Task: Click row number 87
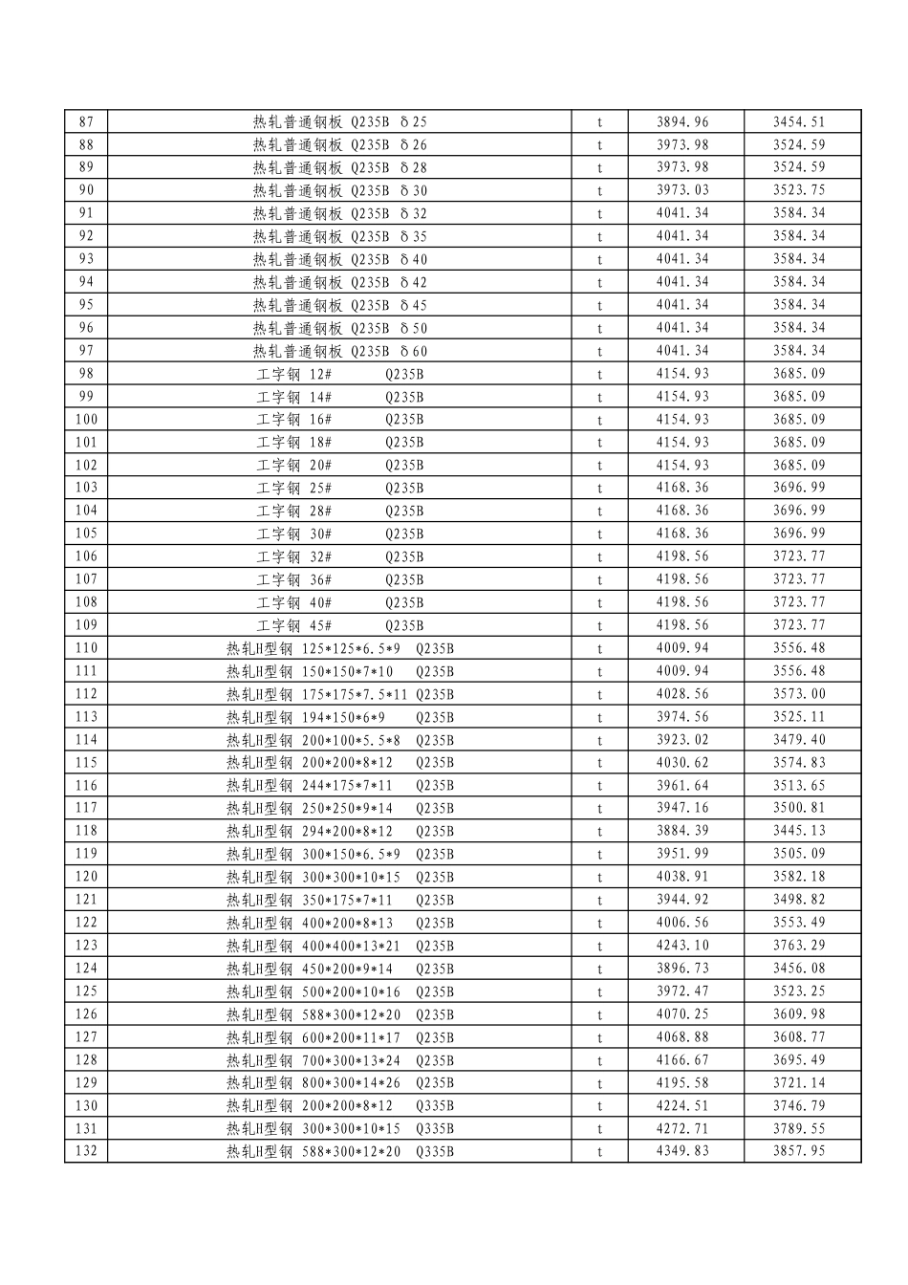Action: (86, 121)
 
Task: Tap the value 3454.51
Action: (799, 121)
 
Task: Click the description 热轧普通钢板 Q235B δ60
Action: (339, 351)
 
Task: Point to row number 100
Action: (86, 420)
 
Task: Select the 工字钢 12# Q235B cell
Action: (339, 374)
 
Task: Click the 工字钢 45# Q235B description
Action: (339, 625)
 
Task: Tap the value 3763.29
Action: (799, 946)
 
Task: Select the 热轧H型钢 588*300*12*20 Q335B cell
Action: (339, 1151)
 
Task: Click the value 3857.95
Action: (799, 1151)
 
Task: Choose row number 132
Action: (86, 1151)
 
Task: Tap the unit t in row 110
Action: (600, 648)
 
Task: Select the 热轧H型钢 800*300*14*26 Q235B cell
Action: (339, 1083)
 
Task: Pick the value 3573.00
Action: (799, 694)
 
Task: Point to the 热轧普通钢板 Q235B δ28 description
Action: (339, 167)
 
